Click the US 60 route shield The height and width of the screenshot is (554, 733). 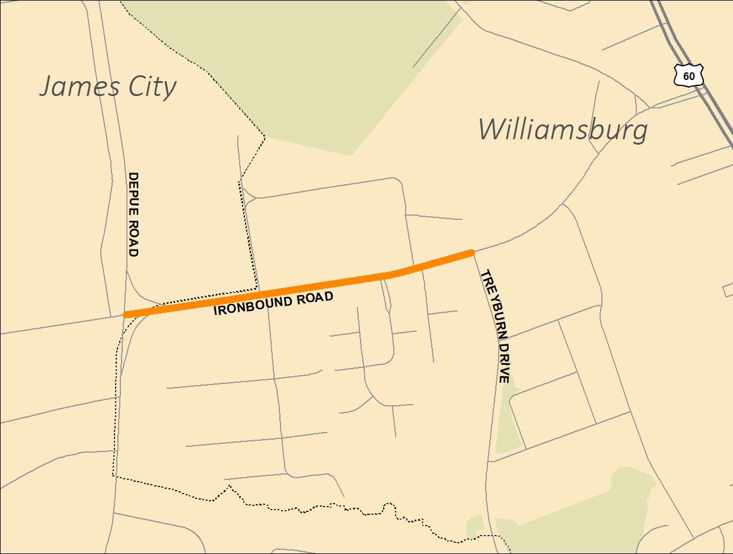[689, 75]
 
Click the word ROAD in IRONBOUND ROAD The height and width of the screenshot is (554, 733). [312, 296]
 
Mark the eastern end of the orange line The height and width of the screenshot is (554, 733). [472, 253]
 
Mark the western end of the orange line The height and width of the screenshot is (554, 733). [126, 314]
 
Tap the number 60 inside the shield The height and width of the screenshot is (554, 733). [689, 76]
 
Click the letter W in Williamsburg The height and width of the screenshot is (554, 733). [492, 129]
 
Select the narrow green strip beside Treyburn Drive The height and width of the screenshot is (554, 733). [506, 421]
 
